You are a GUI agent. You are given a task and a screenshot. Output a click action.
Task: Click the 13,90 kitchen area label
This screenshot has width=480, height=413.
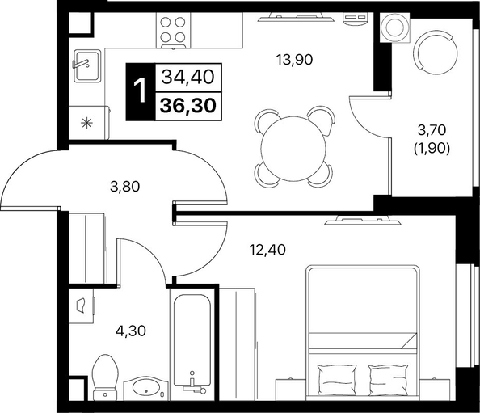click(x=294, y=59)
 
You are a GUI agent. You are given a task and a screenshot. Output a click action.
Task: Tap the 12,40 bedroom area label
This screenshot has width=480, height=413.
click(x=267, y=250)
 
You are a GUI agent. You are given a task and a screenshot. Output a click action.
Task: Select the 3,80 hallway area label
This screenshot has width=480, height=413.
click(x=125, y=186)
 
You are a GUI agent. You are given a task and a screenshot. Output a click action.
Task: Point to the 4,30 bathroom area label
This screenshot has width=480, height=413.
click(x=131, y=331)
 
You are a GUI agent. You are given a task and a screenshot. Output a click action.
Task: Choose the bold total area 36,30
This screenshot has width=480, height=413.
click(x=188, y=106)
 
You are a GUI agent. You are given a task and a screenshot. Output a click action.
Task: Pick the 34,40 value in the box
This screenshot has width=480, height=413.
click(x=187, y=77)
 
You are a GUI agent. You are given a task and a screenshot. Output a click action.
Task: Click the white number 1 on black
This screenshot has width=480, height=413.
click(x=141, y=91)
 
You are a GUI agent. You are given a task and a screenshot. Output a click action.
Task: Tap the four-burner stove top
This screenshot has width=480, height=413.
click(x=173, y=31)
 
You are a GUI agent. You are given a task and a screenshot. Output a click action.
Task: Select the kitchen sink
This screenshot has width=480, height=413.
click(x=87, y=65)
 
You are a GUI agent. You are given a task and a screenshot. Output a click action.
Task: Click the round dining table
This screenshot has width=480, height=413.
click(x=293, y=149)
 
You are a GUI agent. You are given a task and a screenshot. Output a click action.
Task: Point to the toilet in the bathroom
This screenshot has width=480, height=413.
click(x=105, y=377)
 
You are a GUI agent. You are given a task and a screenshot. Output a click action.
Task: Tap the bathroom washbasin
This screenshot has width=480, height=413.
click(x=145, y=387)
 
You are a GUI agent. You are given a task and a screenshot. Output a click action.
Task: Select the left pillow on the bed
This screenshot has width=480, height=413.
click(x=337, y=379)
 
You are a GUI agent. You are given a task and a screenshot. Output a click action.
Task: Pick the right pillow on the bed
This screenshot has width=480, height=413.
click(x=388, y=379)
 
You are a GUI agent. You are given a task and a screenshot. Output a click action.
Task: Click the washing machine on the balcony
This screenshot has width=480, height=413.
click(x=395, y=27)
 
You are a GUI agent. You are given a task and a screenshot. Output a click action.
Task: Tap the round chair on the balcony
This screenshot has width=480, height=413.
click(x=436, y=53)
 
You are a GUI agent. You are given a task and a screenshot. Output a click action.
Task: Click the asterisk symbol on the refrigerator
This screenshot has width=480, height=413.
click(x=86, y=123)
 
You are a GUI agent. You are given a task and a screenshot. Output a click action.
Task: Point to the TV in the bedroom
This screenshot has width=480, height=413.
click(x=363, y=220)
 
